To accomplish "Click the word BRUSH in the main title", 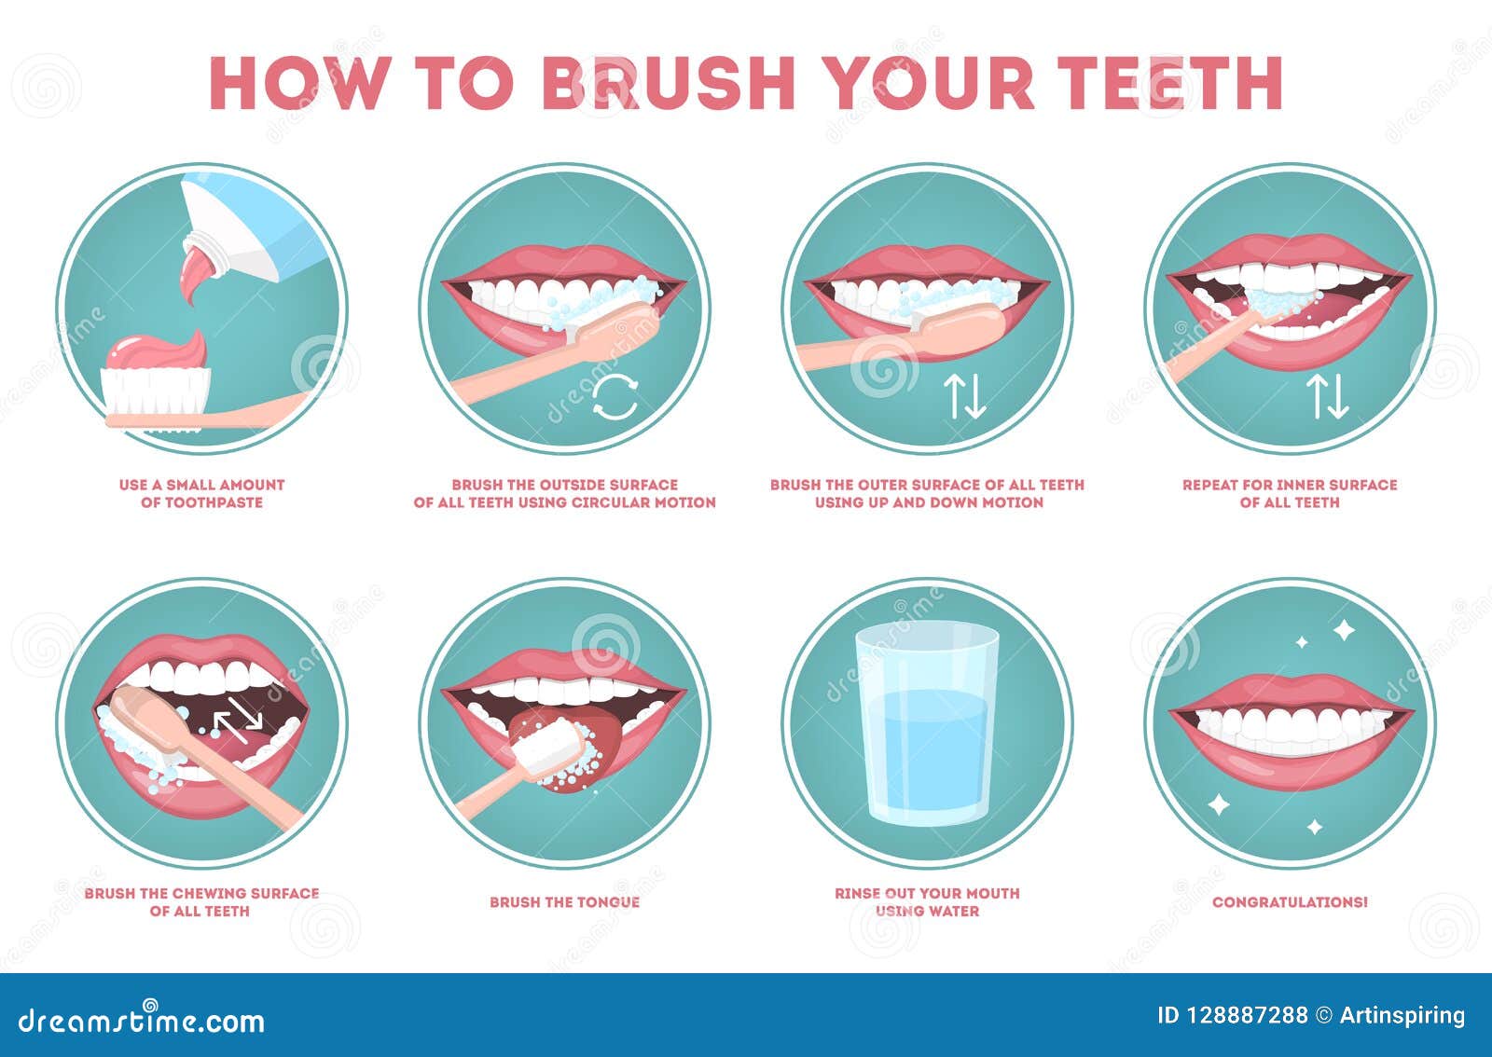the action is point(668,83).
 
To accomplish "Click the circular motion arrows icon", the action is point(615,398).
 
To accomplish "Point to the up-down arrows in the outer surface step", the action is point(964,397).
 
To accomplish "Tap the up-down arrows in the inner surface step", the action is point(1327,397).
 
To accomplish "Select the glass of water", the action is point(927,724).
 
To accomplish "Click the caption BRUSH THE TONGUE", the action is point(565,902).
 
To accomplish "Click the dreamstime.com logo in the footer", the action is point(142,1019).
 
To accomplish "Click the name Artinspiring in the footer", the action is point(1402,1016).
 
